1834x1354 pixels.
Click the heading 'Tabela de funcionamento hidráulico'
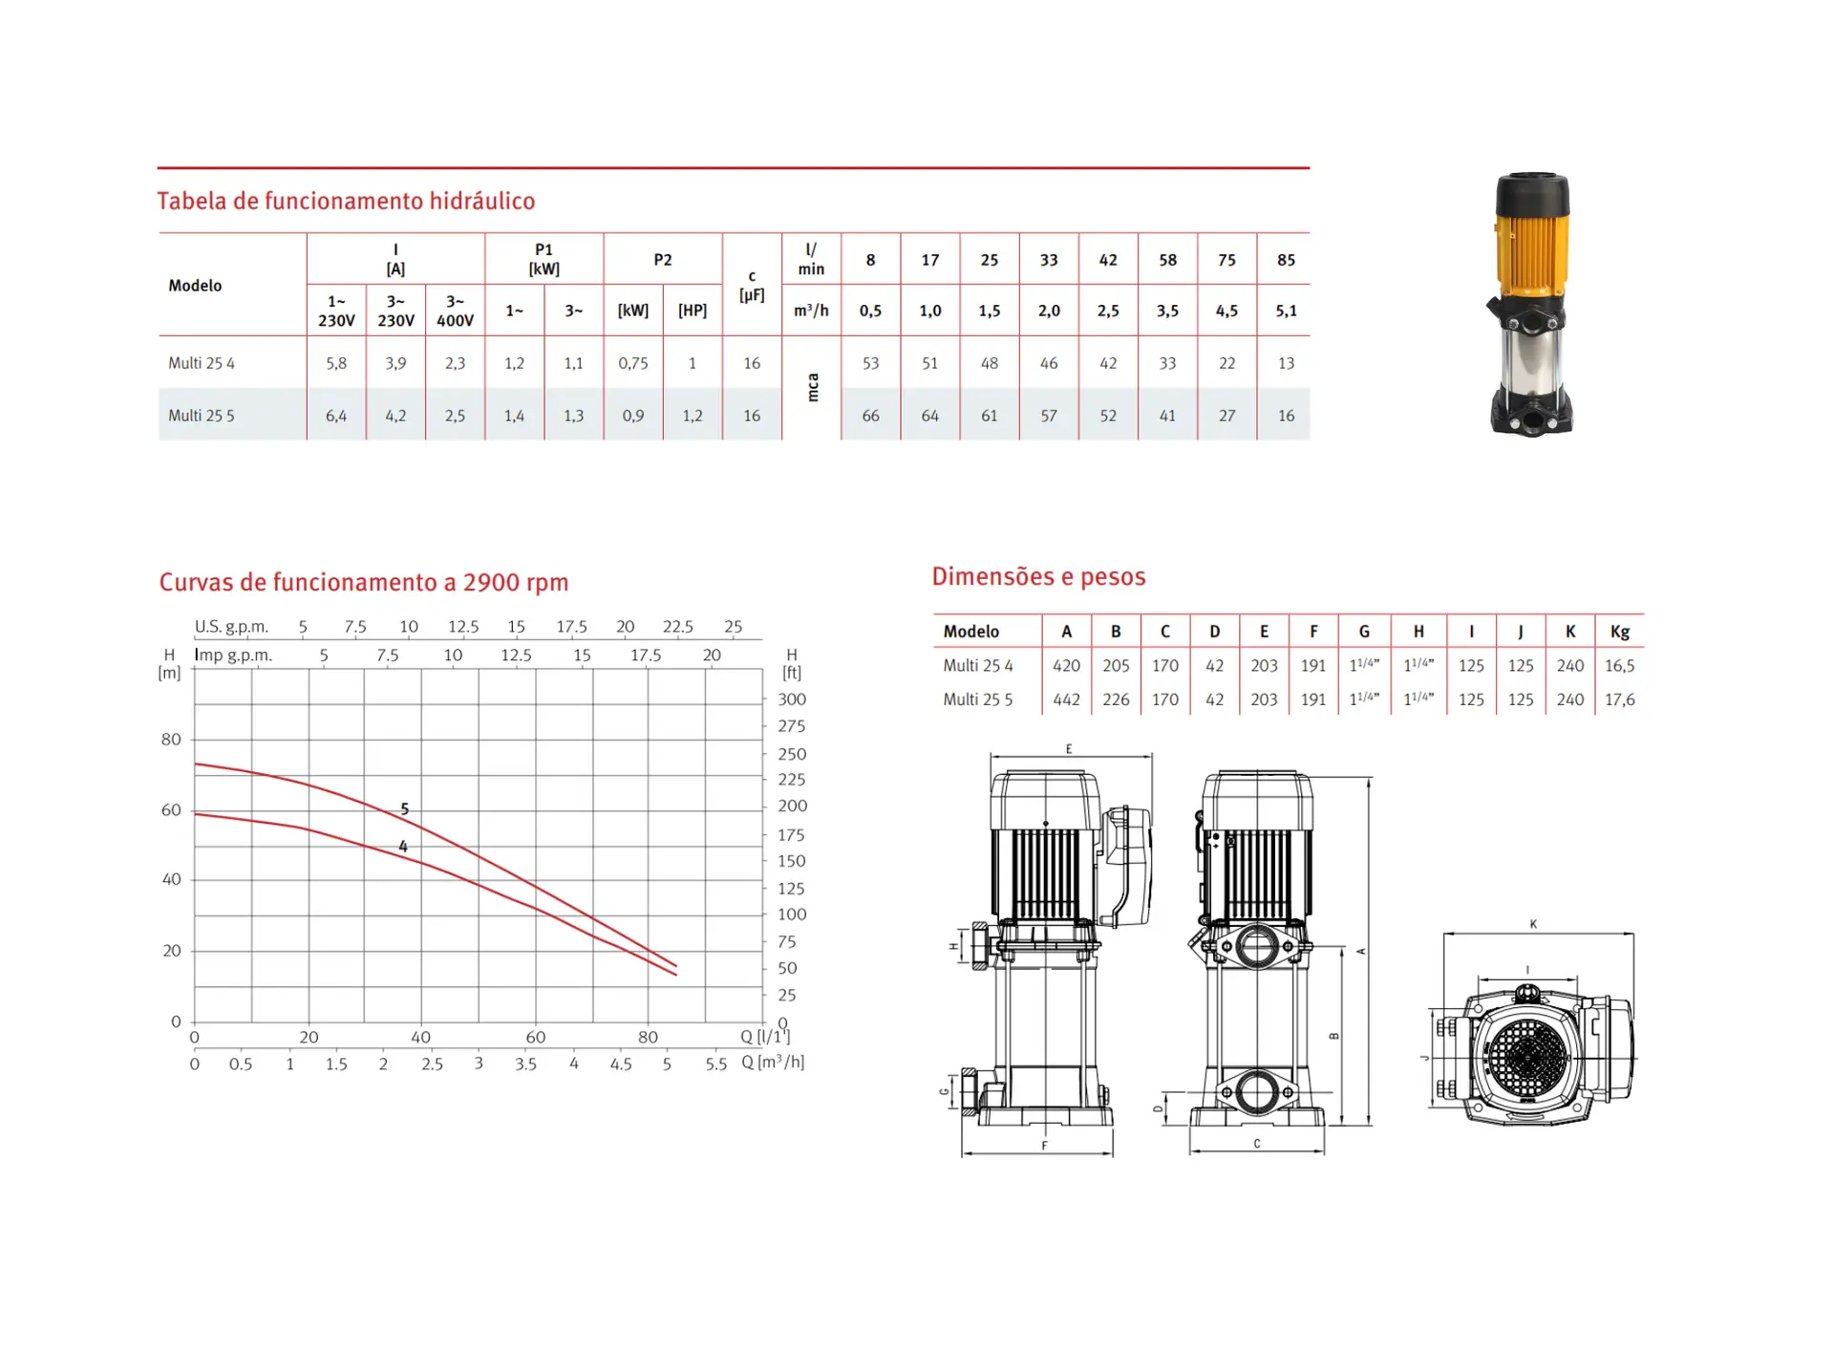point(346,201)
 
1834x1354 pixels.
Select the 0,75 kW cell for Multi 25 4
point(633,363)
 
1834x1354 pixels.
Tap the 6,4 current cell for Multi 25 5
point(336,416)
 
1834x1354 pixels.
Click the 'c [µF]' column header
point(752,285)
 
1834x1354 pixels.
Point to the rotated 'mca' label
point(813,388)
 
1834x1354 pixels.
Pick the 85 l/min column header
point(1286,260)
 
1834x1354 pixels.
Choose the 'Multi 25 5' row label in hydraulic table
point(201,416)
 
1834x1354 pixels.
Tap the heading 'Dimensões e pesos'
point(1038,576)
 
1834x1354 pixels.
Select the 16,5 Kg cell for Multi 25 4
point(1619,665)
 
